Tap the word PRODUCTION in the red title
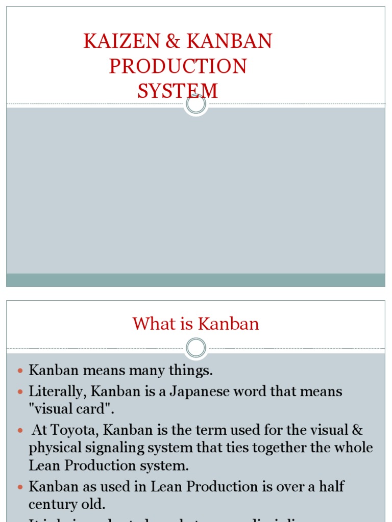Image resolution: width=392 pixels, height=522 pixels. [x=178, y=67]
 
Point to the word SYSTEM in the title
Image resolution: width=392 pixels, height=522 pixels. [x=178, y=91]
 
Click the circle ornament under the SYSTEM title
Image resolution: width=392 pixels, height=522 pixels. [x=196, y=105]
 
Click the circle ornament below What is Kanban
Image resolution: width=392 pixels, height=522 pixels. [x=196, y=349]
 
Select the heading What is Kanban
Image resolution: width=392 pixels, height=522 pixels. [x=196, y=324]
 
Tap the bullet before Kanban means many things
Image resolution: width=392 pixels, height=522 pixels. [x=20, y=371]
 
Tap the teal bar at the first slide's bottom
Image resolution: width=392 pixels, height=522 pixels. [x=196, y=280]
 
